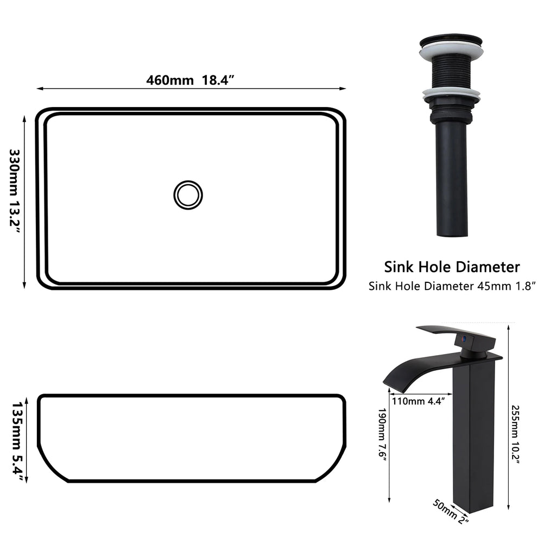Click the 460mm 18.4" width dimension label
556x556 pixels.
coord(190,80)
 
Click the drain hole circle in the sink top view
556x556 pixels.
coord(188,194)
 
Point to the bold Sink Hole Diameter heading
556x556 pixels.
coord(452,267)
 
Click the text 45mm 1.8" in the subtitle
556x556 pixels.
coord(507,286)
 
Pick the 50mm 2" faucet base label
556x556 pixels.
coord(450,511)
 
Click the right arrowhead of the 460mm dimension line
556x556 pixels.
coord(343,89)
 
